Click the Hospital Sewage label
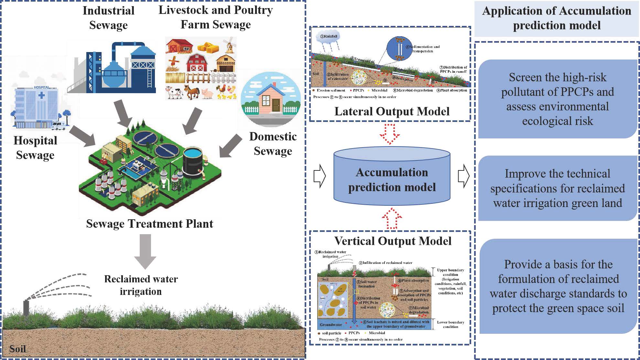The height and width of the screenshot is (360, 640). point(35,148)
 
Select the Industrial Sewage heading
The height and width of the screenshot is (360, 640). point(108,18)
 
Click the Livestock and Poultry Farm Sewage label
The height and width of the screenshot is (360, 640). point(215,17)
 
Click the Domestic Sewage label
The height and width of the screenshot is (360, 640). point(273,144)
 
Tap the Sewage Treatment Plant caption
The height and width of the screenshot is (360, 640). point(149,224)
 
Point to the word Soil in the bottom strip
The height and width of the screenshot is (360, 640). point(17,349)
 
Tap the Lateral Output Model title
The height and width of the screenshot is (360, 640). point(392,111)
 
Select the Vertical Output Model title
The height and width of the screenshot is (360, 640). point(393,241)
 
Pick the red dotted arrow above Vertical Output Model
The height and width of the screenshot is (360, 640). point(392,218)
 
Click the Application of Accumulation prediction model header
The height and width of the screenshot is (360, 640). point(556,18)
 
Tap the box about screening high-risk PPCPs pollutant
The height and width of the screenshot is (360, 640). point(558,99)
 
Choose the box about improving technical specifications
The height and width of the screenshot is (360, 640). point(558,188)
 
